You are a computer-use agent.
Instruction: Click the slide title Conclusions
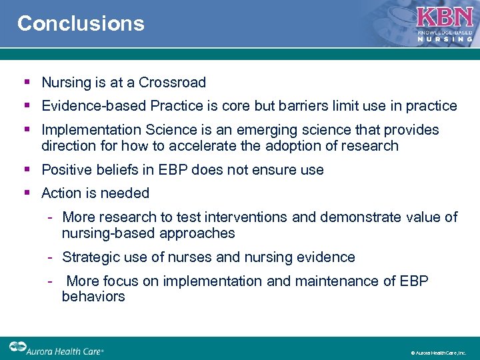click(x=81, y=23)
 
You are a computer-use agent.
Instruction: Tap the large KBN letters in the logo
click(x=445, y=18)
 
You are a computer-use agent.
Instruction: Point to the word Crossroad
click(x=172, y=83)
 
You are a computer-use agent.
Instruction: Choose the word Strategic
click(x=89, y=257)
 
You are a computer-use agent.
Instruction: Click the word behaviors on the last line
click(x=93, y=297)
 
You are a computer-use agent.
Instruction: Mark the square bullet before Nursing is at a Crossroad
click(x=27, y=83)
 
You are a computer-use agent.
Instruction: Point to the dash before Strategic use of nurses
click(x=50, y=257)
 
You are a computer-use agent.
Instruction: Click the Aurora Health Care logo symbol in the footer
click(x=17, y=347)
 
